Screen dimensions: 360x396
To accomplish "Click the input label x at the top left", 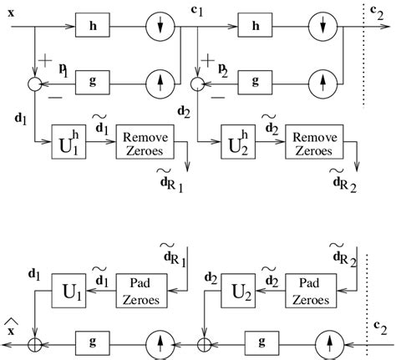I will (11, 12).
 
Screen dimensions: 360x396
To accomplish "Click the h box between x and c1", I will (92, 26).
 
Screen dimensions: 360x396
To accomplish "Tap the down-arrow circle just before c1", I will (158, 26).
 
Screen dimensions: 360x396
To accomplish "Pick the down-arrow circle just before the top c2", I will (323, 26).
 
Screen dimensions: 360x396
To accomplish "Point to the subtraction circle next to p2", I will (197, 83).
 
